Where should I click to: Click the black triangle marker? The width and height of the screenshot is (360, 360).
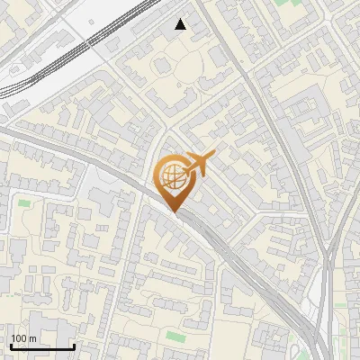[181, 24]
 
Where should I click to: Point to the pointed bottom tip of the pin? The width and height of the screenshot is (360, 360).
[174, 211]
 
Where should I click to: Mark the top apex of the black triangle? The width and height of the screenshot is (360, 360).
[181, 19]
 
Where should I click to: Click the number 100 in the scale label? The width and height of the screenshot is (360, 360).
[18, 338]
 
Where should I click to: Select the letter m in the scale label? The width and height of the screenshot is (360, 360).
[32, 339]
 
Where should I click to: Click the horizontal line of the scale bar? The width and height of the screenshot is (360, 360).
[42, 346]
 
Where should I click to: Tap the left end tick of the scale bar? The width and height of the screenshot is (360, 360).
[11, 345]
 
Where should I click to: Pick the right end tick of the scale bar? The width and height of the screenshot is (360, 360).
[74, 345]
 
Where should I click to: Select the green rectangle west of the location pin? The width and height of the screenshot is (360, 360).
[24, 202]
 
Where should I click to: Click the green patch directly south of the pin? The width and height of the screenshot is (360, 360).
[175, 337]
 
